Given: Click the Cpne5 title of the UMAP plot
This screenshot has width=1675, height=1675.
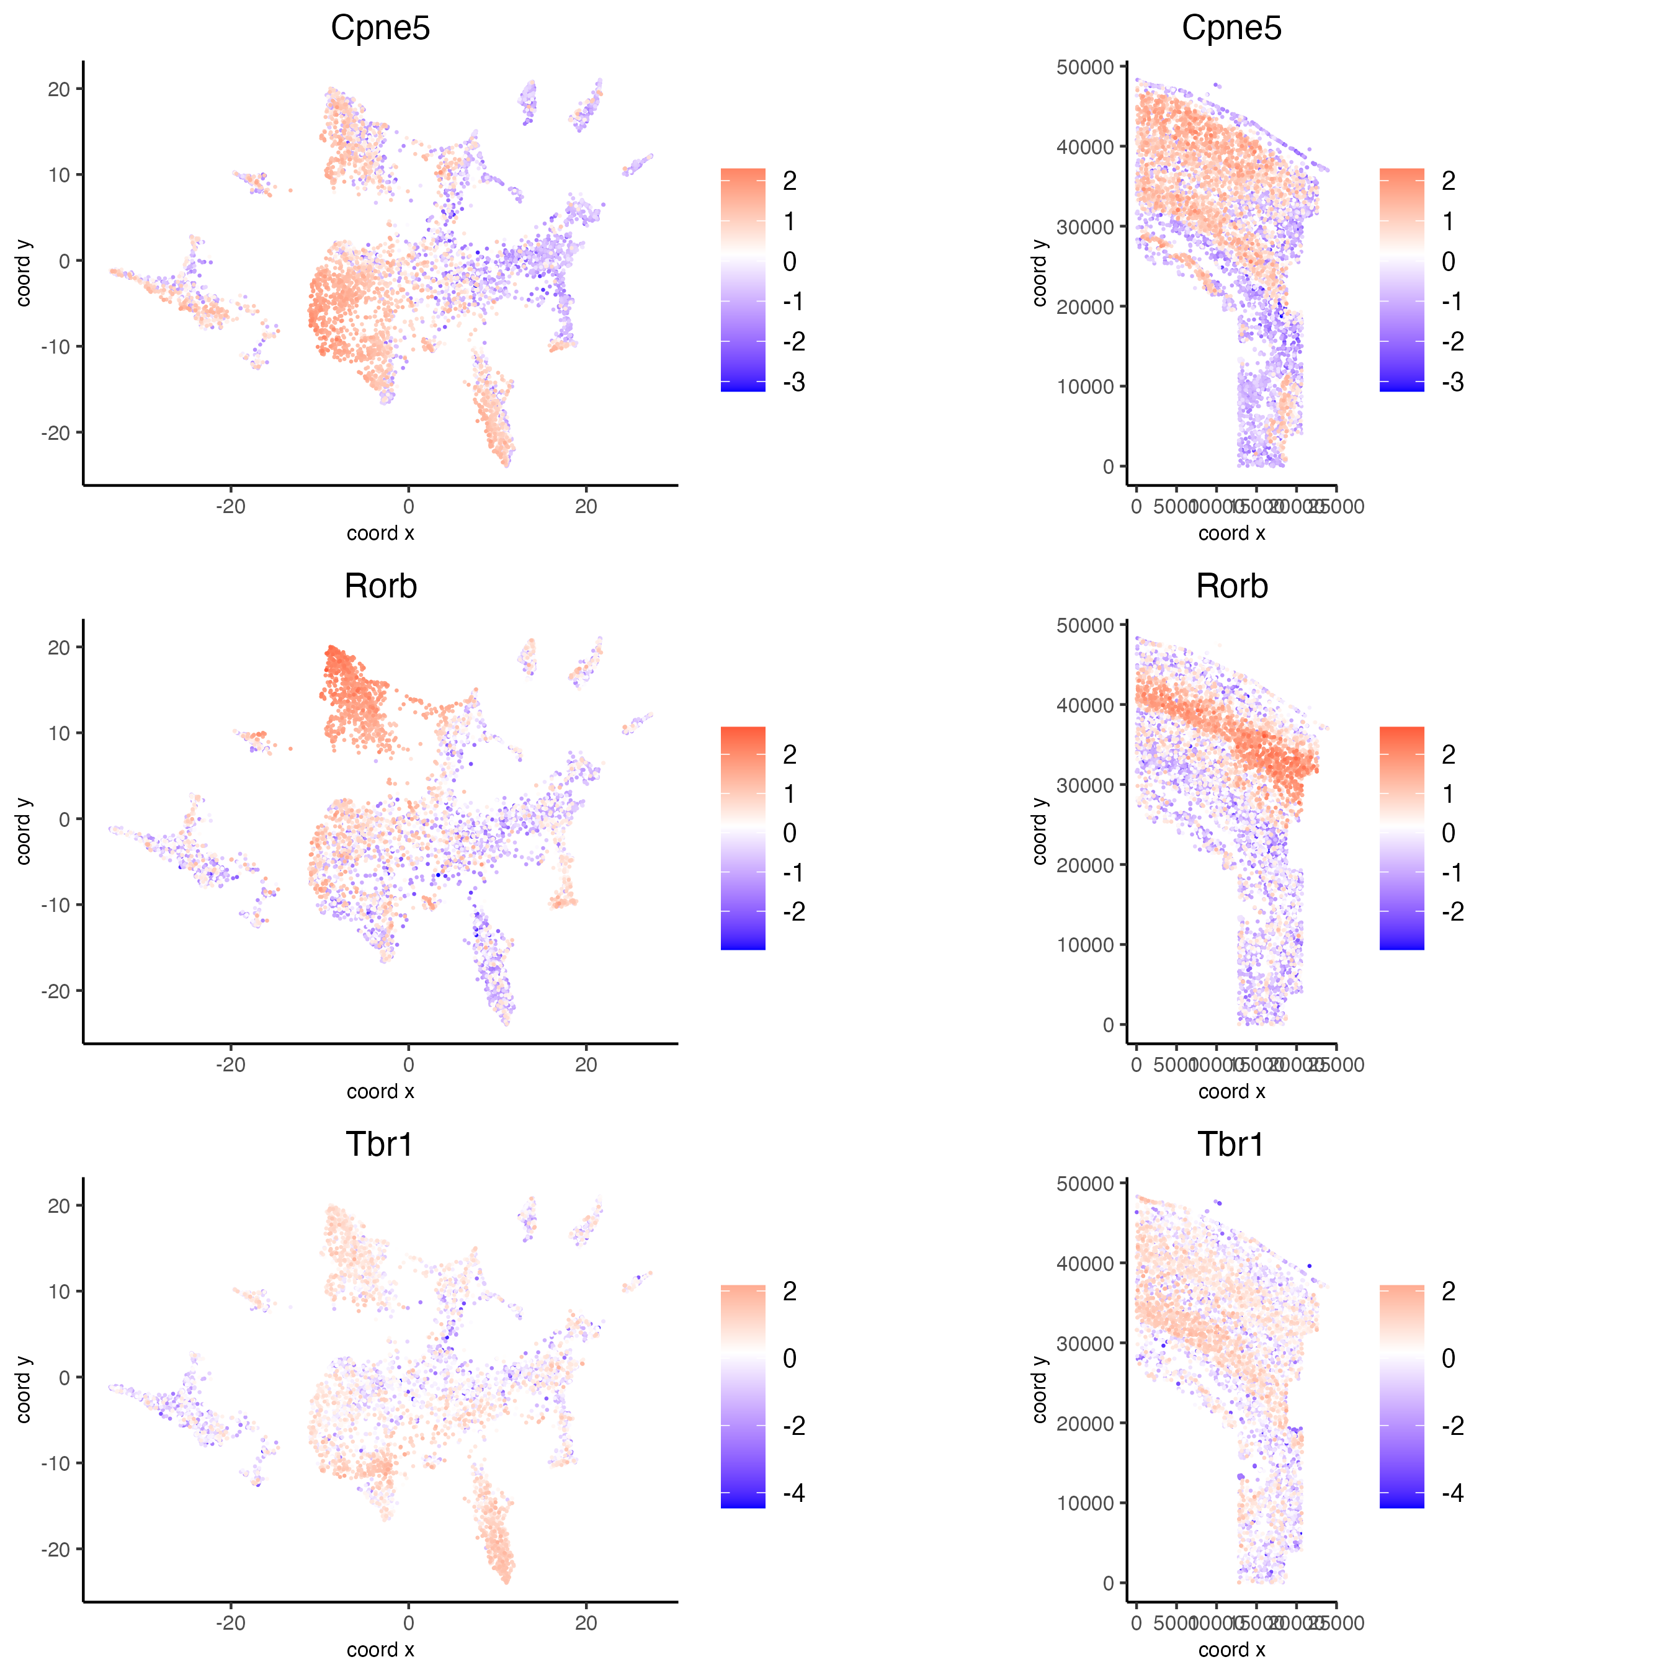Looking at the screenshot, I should coord(380,28).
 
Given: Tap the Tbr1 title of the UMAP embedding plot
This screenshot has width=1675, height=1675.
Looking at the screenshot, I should coord(380,1145).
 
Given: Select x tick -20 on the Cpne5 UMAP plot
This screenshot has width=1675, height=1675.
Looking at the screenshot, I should coord(231,506).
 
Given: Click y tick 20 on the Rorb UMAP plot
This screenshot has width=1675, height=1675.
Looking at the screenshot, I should coord(59,648).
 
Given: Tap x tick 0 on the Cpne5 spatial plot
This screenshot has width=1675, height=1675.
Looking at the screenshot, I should coord(1136,506).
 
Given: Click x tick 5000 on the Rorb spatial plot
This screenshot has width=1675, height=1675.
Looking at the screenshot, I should coord(1176,1065).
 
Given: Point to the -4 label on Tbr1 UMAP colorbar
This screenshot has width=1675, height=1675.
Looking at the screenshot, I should coord(793,1493).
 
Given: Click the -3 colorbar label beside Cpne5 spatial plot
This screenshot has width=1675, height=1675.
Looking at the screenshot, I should coord(1452,382).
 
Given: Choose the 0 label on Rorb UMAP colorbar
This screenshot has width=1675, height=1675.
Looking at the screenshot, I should coord(790,833).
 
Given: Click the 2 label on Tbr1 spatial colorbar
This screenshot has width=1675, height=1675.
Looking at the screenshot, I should coord(1449,1292).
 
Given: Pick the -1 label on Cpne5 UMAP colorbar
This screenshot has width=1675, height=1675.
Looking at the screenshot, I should coord(793,301).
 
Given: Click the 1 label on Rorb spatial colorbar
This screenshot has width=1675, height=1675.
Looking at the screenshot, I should coord(1449,794).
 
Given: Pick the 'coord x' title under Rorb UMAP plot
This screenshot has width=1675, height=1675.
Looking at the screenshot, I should coord(380,1091).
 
